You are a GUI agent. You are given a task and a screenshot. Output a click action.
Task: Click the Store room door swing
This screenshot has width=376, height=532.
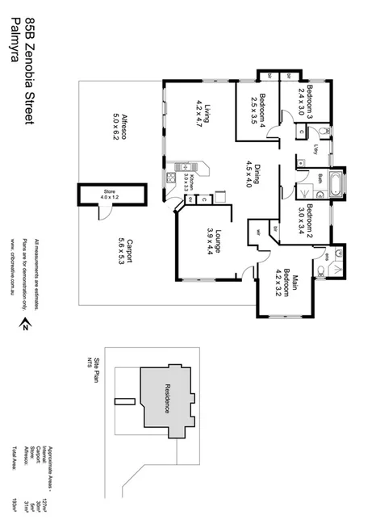coord(103,212)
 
